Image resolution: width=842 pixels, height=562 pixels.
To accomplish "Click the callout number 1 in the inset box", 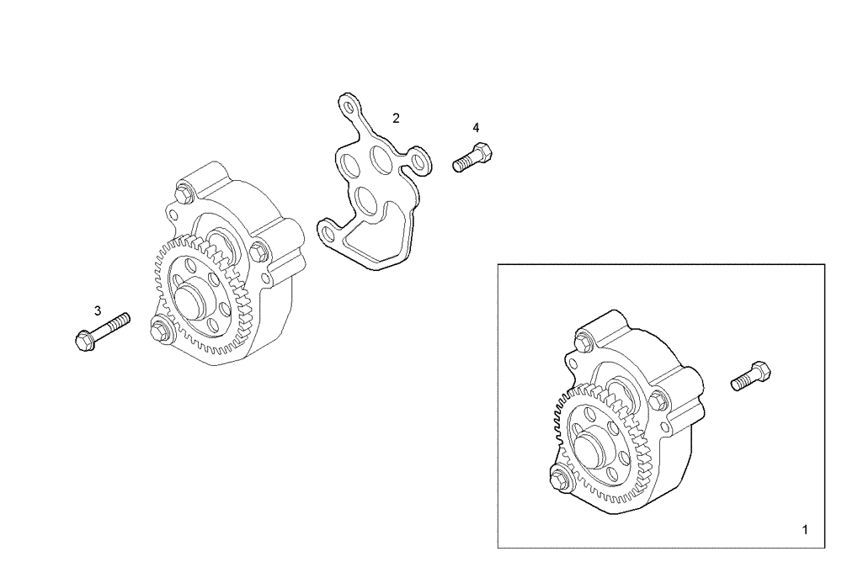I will pyautogui.click(x=805, y=530).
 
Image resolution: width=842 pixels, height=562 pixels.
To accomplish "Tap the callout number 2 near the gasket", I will pyautogui.click(x=396, y=118).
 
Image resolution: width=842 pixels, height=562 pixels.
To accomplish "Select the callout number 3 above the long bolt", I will pyautogui.click(x=98, y=310).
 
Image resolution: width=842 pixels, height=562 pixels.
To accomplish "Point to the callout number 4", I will pyautogui.click(x=476, y=127).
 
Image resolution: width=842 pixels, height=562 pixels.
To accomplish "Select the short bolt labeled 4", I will pyautogui.click(x=473, y=157).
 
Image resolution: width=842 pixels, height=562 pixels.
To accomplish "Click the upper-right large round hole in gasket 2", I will pyautogui.click(x=383, y=157).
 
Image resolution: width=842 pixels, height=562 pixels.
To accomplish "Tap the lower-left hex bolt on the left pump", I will pyautogui.click(x=157, y=331).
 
